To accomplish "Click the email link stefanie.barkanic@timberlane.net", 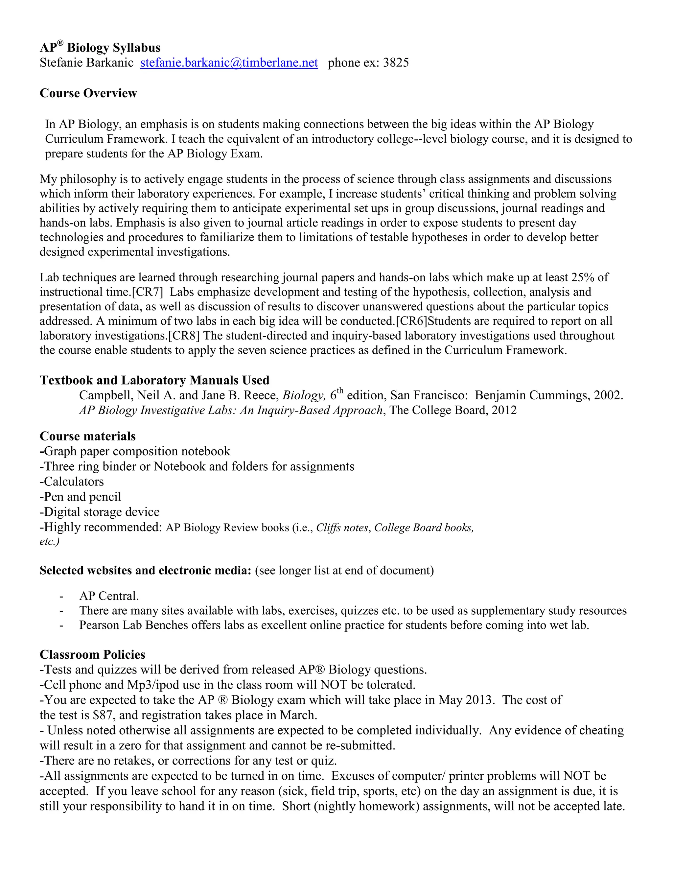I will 229,63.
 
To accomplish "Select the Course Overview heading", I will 88,93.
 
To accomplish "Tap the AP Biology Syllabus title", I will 100,48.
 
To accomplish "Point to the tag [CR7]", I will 147,292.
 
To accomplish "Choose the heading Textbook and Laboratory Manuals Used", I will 154,380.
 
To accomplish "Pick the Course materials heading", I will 88,436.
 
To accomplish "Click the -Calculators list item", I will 72,482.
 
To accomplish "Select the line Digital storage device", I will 100,512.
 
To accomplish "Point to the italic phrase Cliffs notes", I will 342,528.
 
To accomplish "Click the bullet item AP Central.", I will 109,596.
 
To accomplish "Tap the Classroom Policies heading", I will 92,654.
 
